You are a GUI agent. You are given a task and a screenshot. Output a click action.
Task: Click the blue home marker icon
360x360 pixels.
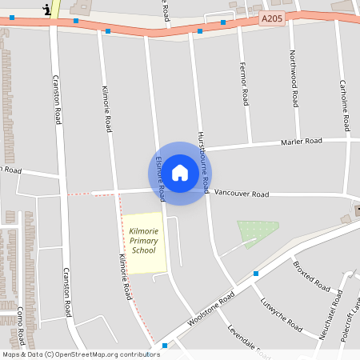coord(180,172)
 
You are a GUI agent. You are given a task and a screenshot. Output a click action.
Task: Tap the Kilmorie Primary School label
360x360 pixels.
coord(144,241)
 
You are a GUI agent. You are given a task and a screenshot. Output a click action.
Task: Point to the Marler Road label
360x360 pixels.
coord(301,142)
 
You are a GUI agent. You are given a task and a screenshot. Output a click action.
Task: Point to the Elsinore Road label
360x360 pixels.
coord(160,178)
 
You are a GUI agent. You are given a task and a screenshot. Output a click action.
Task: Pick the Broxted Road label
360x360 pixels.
coord(311,275)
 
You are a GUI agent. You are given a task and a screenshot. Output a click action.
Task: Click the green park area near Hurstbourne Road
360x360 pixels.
coord(257,233)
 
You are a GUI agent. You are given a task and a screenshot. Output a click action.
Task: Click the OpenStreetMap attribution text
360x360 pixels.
coord(81,354)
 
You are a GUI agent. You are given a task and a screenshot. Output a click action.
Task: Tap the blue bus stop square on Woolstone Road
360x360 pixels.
coord(256,274)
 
